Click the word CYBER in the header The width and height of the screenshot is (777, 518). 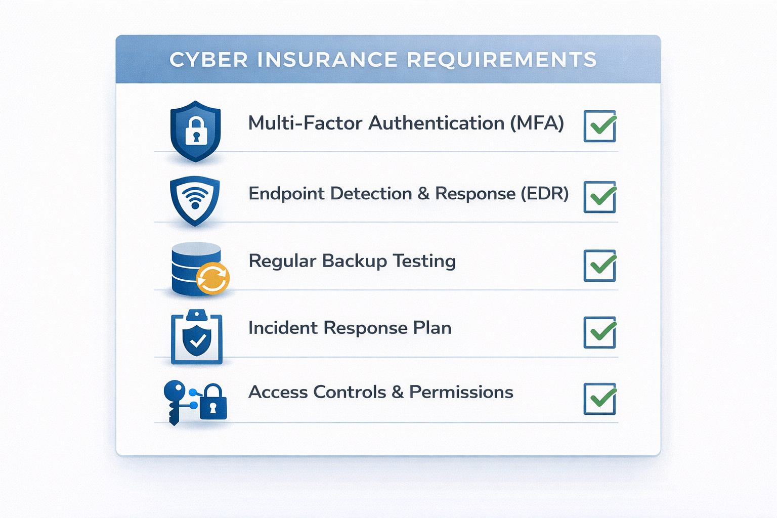[208, 60]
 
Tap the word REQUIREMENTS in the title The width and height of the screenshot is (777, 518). [502, 60]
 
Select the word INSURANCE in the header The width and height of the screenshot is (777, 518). [327, 60]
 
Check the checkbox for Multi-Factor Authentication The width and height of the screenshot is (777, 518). [599, 126]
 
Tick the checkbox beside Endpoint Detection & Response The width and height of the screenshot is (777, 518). [599, 197]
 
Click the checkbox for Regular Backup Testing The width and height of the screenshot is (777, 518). [599, 266]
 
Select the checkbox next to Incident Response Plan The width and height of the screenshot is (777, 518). [599, 332]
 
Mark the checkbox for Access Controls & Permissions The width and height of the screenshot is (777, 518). [599, 399]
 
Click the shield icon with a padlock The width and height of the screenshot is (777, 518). [196, 131]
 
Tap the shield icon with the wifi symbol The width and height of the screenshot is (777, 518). [195, 199]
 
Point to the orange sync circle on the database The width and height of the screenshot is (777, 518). [213, 278]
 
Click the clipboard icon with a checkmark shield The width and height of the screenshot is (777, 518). [197, 337]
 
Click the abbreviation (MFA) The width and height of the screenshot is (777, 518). [537, 123]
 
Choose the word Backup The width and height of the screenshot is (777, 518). [355, 261]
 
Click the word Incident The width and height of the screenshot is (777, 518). [283, 328]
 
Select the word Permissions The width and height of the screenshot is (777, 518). [461, 392]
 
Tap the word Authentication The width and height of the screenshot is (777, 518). [436, 123]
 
